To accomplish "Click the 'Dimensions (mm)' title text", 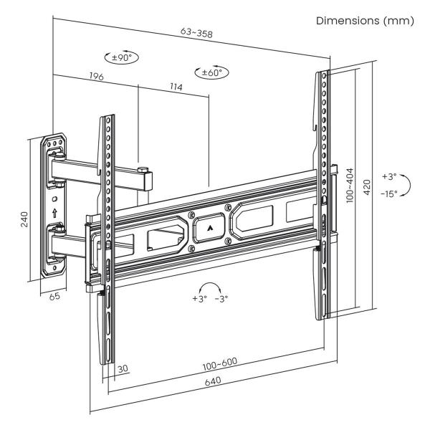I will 365,21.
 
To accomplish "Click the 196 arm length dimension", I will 95,75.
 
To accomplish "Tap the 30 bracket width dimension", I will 123,368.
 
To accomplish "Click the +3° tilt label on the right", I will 388,176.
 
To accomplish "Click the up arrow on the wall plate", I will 54,213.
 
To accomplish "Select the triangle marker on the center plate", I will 209,227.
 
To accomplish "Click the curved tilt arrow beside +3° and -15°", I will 407,184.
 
